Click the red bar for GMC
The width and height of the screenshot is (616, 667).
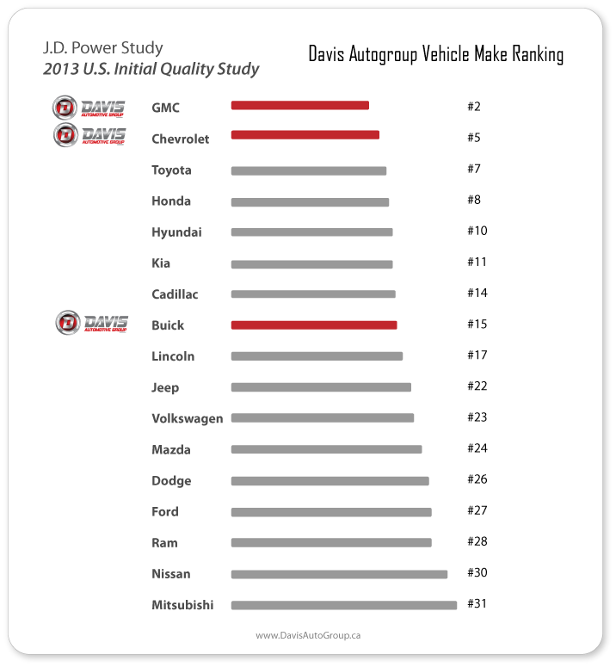299,105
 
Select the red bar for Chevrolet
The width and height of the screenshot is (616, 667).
305,135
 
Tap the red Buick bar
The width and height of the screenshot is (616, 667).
314,325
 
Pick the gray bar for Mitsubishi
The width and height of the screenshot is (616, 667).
343,605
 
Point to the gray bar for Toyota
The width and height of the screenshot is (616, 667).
308,170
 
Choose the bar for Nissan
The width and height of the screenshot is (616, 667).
339,574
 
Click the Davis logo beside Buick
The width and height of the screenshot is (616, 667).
91,323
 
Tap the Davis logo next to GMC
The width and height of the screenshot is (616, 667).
89,108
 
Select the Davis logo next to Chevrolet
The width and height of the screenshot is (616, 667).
89,135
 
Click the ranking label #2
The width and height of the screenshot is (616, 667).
473,107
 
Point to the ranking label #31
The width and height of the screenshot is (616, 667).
477,603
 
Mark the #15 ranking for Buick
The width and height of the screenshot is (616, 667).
477,324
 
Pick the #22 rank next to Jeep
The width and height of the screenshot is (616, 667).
477,386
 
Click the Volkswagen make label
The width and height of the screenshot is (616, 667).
187,418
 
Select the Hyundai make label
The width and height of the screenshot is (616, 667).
176,232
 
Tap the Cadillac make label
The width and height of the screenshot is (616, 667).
175,294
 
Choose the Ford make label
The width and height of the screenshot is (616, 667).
165,511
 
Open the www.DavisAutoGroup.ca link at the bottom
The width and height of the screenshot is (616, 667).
308,635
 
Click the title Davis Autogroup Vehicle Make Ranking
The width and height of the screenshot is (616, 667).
436,55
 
